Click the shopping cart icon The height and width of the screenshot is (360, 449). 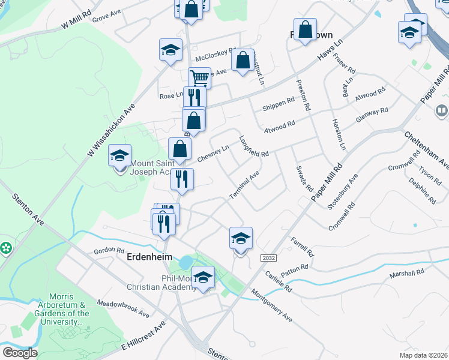(x=199, y=78)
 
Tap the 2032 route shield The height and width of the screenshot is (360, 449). (x=268, y=257)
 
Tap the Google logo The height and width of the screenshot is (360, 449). (x=20, y=353)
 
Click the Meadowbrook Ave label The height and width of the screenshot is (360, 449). (x=122, y=308)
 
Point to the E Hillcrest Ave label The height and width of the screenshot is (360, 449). (x=143, y=335)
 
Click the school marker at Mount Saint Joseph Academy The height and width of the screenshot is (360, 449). (x=119, y=157)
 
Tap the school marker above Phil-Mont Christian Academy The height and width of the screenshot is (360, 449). (x=203, y=278)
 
